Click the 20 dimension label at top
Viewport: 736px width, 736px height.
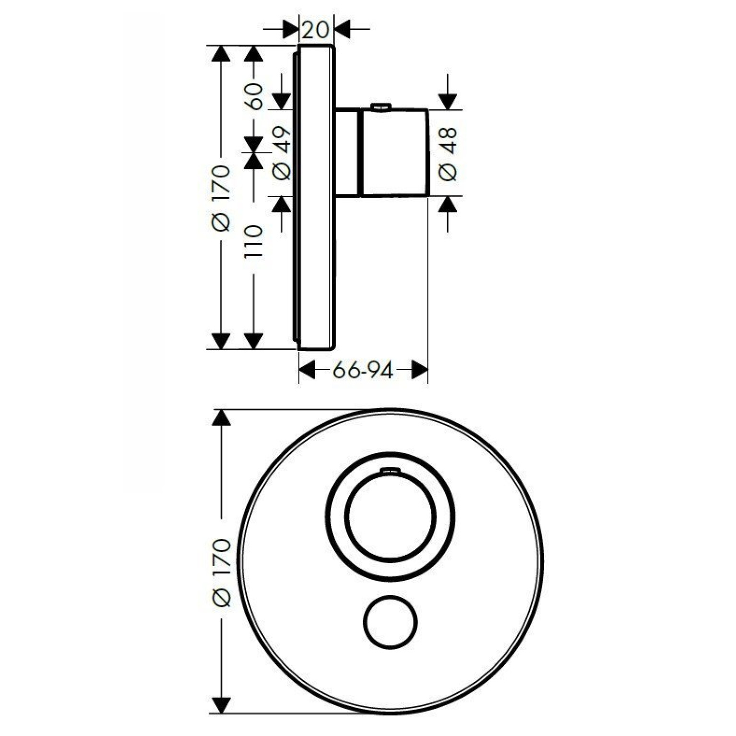[x=316, y=30]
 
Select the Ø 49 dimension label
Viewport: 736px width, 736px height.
[x=282, y=153]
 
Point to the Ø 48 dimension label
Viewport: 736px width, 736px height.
[x=448, y=154]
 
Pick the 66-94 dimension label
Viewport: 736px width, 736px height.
[x=363, y=370]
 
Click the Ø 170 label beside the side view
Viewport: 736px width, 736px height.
[x=221, y=198]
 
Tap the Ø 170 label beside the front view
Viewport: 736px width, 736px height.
[x=222, y=572]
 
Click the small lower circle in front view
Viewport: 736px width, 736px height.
[x=390, y=622]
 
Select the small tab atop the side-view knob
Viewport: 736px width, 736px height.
[x=381, y=107]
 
